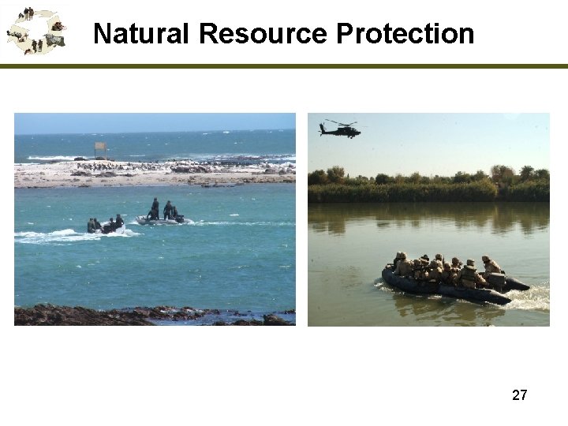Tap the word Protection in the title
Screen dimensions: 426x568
pyautogui.click(x=405, y=34)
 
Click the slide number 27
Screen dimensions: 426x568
pyautogui.click(x=519, y=395)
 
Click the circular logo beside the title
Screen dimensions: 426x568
pyautogui.click(x=35, y=32)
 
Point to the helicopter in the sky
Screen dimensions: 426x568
pyautogui.click(x=341, y=129)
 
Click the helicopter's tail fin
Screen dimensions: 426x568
pyautogui.click(x=323, y=127)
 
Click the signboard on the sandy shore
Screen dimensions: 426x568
pyautogui.click(x=100, y=147)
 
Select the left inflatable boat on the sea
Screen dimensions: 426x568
pyautogui.click(x=105, y=226)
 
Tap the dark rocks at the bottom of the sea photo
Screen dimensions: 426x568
pyautogui.click(x=118, y=316)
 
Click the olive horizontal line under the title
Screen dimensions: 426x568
pyautogui.click(x=284, y=66)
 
